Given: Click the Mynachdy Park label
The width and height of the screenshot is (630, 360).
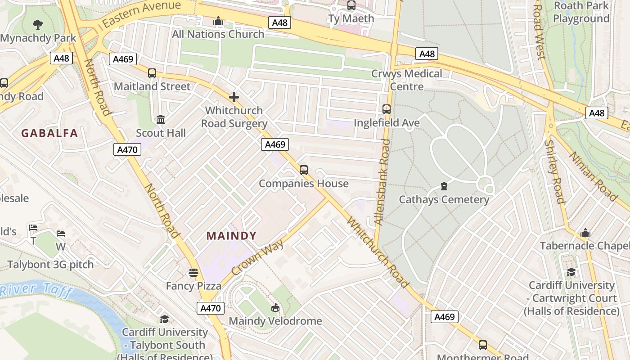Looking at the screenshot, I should pos(38,38).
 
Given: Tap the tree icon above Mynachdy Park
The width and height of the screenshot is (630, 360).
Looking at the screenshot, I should pos(38,24).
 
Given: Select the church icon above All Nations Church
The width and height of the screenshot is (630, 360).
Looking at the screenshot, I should pos(218,21).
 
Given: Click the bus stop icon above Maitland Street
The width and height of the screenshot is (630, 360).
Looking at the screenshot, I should pos(152,73).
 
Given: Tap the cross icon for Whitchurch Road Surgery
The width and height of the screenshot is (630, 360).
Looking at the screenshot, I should pos(234,97).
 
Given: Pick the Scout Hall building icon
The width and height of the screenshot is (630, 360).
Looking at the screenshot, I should pos(161,120).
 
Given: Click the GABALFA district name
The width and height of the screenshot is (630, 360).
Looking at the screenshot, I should pos(49,133).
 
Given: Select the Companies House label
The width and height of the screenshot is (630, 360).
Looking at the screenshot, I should pos(304,184).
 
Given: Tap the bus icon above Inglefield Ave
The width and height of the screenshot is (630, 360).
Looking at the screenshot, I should pos(387,109).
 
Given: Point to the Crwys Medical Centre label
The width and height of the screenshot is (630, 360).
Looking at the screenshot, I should pos(407,80).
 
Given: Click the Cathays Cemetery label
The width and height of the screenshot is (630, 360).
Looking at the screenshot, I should pos(444,199).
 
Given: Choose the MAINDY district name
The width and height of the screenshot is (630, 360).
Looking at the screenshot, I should pos(232,236).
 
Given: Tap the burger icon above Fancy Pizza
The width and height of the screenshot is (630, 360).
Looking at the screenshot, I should pos(193,273).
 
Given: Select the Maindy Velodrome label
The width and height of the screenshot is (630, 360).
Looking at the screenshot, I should pos(275,321).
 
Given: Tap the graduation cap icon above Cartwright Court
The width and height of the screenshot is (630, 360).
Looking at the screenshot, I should pos(571,272).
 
